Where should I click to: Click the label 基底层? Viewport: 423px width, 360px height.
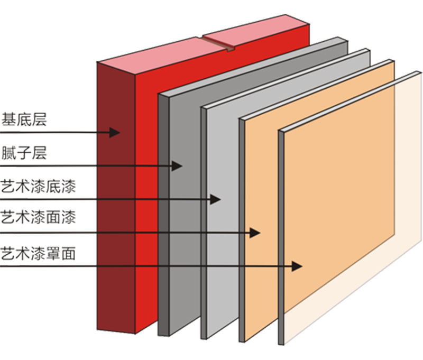24,119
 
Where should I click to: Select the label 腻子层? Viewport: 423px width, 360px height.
24,153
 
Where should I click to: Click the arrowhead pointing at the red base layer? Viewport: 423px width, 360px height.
115,132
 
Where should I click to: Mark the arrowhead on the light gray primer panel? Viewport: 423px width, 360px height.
215,199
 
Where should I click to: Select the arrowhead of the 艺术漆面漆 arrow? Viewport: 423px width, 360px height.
256,232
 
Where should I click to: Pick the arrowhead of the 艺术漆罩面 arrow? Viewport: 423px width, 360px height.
297,266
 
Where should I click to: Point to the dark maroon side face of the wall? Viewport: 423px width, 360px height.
116,211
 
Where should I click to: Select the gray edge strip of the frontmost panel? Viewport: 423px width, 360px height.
281,238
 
